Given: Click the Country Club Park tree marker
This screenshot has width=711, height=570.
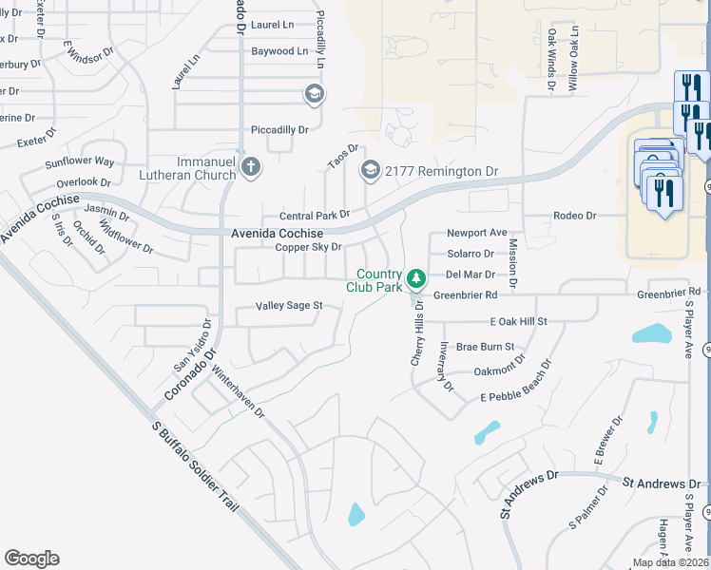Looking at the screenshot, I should coord(415,279).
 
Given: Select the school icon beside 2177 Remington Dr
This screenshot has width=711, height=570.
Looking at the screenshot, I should coord(370,171).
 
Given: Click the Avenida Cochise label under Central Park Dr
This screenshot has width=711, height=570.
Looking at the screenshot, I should coord(277,233).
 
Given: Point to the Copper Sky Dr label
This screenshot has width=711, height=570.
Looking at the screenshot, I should coord(307,247).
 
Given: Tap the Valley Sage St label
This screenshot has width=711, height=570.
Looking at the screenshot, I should coord(289,306).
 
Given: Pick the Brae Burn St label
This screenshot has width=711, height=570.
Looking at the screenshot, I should coord(485,347).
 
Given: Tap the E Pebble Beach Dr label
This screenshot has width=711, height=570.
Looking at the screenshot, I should coord(516,381).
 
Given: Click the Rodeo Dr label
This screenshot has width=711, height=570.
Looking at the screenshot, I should coord(574,216).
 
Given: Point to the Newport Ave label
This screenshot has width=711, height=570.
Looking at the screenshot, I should coord(476,233).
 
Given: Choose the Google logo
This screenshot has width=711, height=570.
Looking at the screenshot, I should coord(31,559).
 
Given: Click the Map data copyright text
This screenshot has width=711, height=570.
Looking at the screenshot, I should coord(670,562).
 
